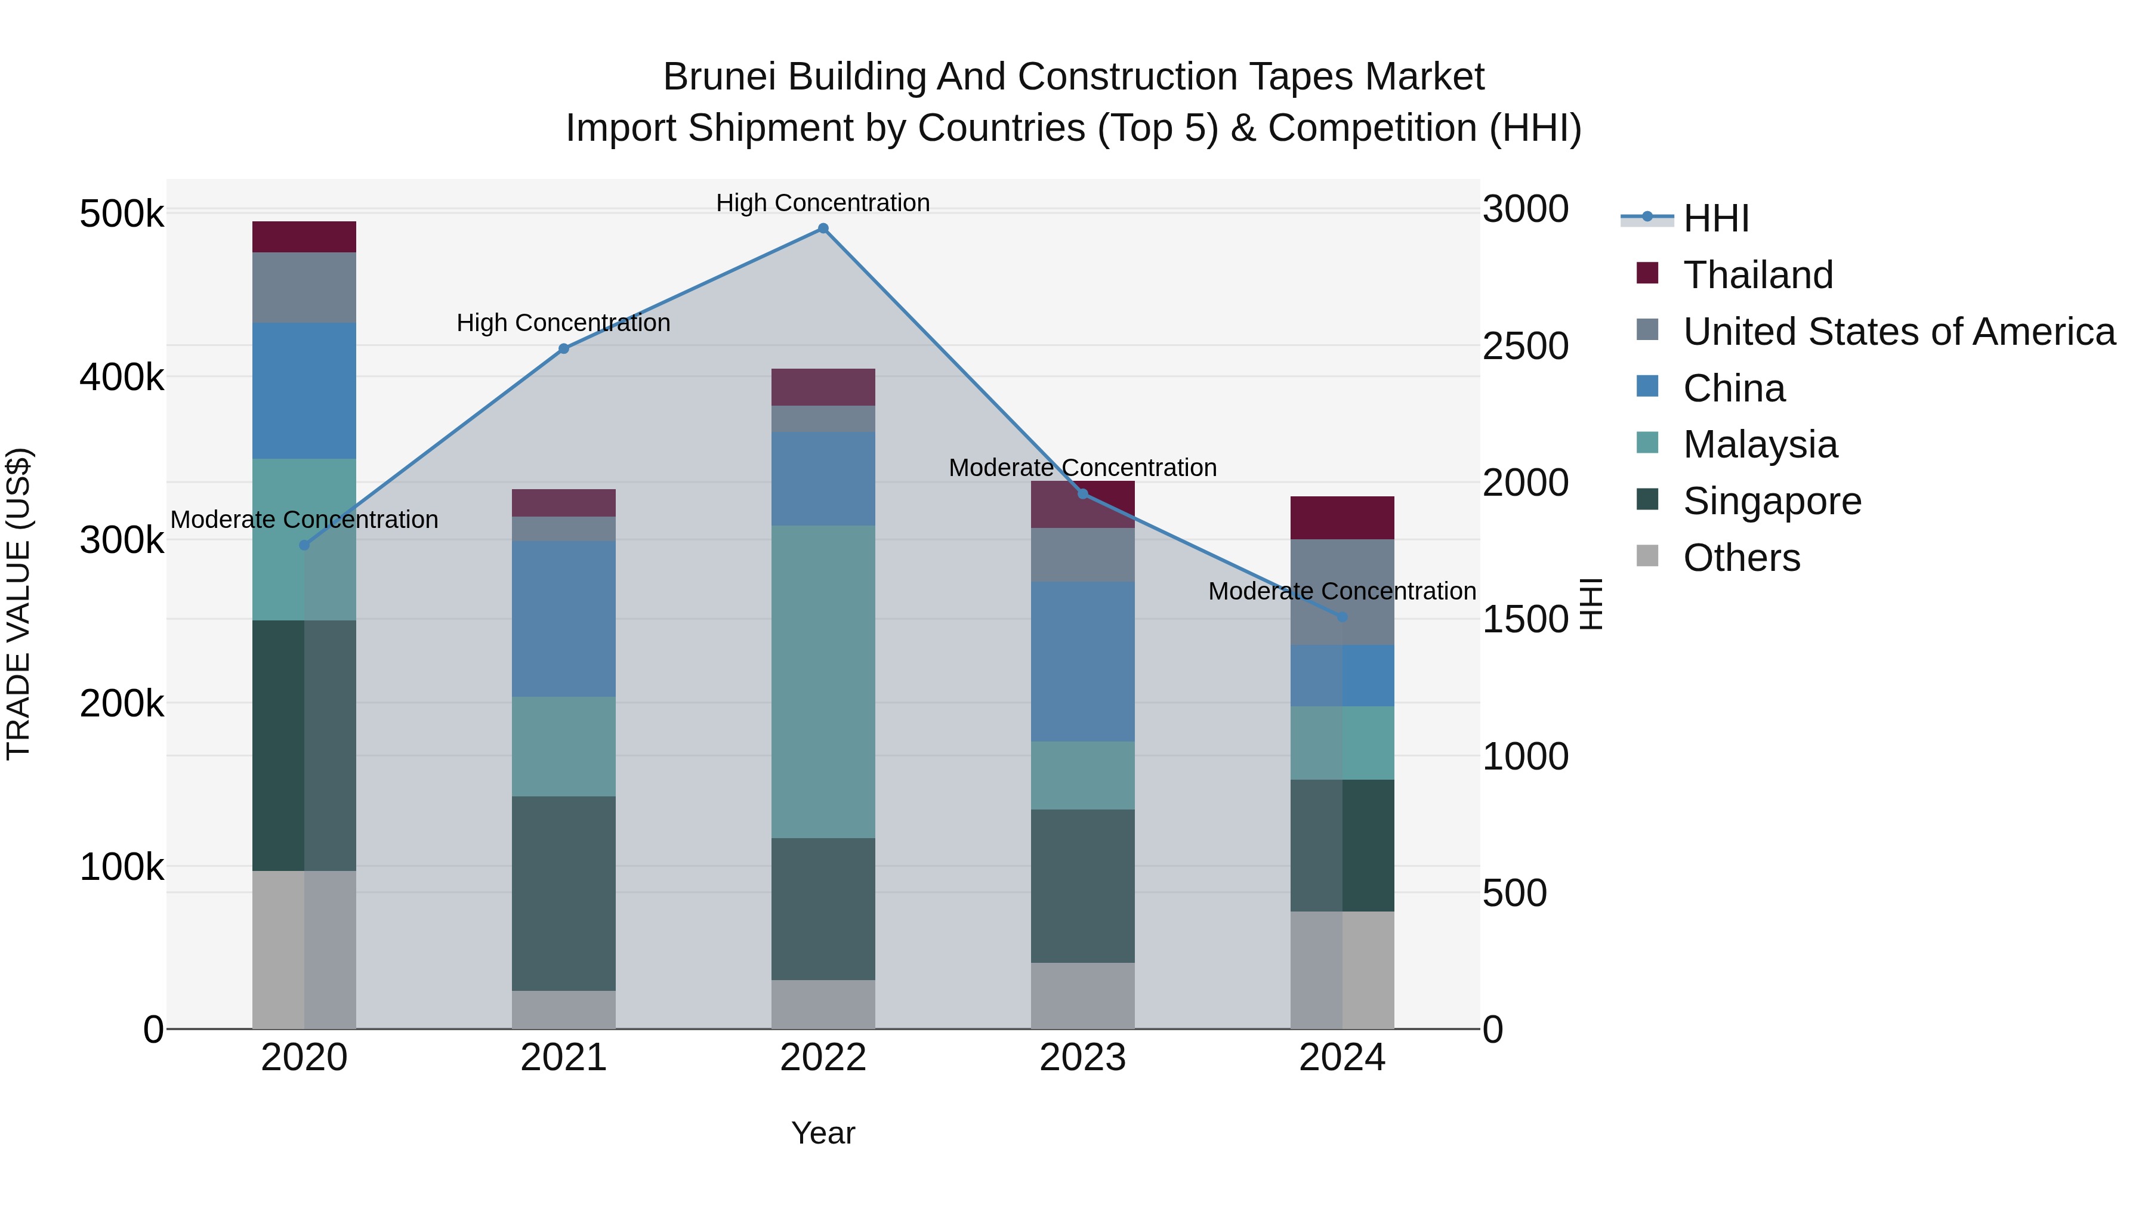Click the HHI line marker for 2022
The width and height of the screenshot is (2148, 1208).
(x=823, y=228)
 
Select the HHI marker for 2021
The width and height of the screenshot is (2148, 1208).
(x=564, y=348)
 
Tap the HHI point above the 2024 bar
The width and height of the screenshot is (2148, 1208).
(x=1342, y=617)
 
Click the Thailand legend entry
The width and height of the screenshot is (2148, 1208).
(x=1758, y=275)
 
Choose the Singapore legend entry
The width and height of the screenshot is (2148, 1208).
(x=1772, y=501)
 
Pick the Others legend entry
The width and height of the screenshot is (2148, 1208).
(x=1741, y=558)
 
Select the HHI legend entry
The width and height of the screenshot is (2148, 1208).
(x=1715, y=218)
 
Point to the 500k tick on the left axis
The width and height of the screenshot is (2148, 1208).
(x=122, y=214)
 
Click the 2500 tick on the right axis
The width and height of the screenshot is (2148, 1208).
(x=1525, y=347)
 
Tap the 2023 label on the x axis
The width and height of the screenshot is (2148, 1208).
(x=1082, y=1058)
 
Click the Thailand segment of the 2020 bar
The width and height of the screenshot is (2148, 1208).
(x=304, y=237)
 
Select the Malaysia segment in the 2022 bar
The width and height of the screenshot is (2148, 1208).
(x=823, y=681)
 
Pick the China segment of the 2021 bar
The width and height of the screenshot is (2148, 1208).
(x=564, y=619)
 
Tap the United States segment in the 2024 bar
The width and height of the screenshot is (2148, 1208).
(x=1342, y=592)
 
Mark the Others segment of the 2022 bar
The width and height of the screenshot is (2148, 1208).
(x=823, y=1004)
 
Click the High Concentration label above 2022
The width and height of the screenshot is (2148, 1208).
(x=823, y=203)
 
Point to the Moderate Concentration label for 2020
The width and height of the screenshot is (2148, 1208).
(x=304, y=520)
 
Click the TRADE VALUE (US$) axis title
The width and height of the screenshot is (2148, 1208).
(x=18, y=604)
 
